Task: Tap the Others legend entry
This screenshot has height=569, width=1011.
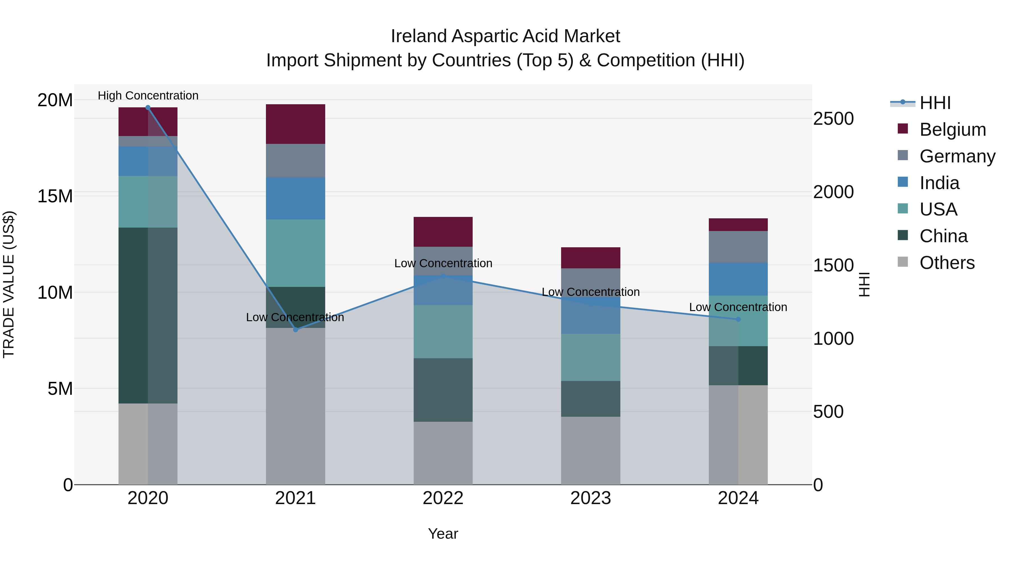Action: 947,263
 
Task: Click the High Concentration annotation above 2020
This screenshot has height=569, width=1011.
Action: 148,96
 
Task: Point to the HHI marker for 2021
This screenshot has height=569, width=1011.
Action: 295,330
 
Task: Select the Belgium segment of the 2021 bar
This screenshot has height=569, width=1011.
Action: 295,124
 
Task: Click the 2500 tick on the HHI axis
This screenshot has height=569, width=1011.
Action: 833,119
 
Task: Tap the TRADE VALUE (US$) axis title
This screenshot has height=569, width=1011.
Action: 9,284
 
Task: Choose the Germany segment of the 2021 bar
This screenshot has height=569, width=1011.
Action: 295,161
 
